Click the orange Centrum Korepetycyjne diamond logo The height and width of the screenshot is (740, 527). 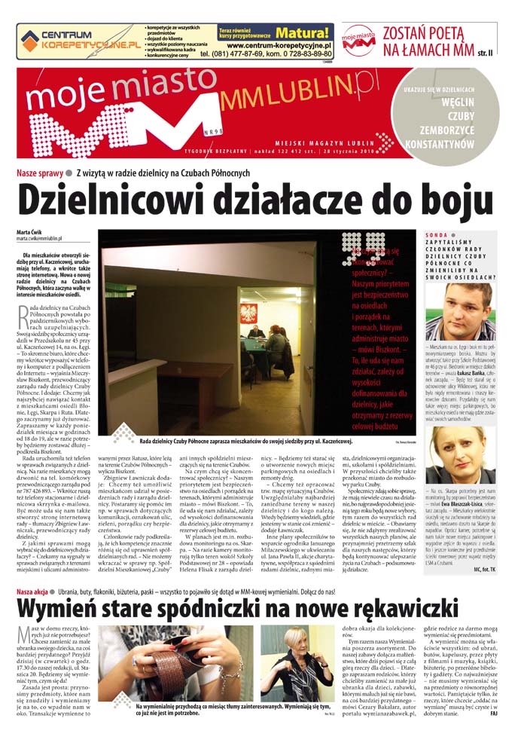(29, 40)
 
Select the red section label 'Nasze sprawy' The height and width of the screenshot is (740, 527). (41, 173)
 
